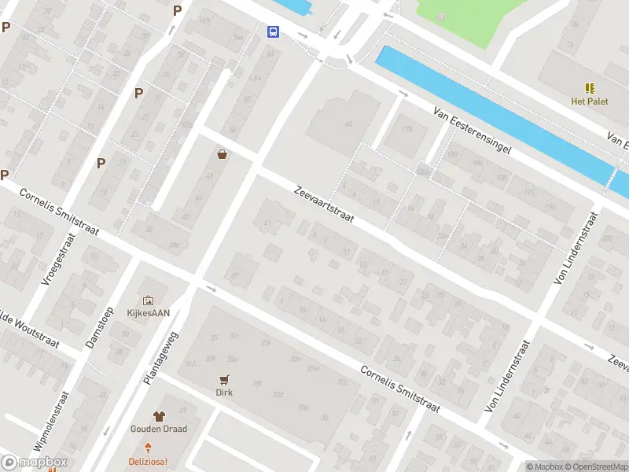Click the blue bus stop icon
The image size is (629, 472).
pos(273,31)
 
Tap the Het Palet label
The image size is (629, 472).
pos(589,101)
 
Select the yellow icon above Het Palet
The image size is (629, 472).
pos(589,87)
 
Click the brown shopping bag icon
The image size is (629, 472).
pos(223,154)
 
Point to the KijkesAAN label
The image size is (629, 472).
pos(149,312)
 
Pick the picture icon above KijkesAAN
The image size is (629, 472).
pos(149,300)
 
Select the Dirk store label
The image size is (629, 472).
pos(226,392)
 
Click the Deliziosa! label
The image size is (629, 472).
pos(149,461)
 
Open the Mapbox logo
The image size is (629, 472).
pos(34,463)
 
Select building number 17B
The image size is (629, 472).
pos(406,130)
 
